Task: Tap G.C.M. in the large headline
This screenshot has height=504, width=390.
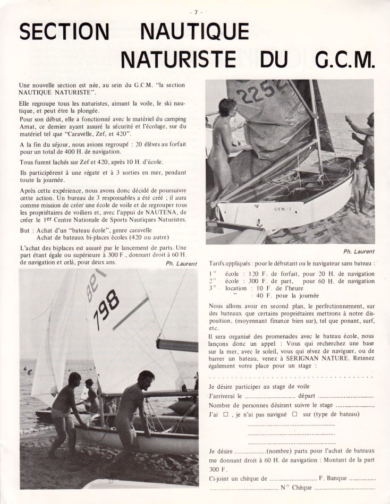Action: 345,61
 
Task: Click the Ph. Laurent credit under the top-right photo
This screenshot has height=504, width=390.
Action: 359,251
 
